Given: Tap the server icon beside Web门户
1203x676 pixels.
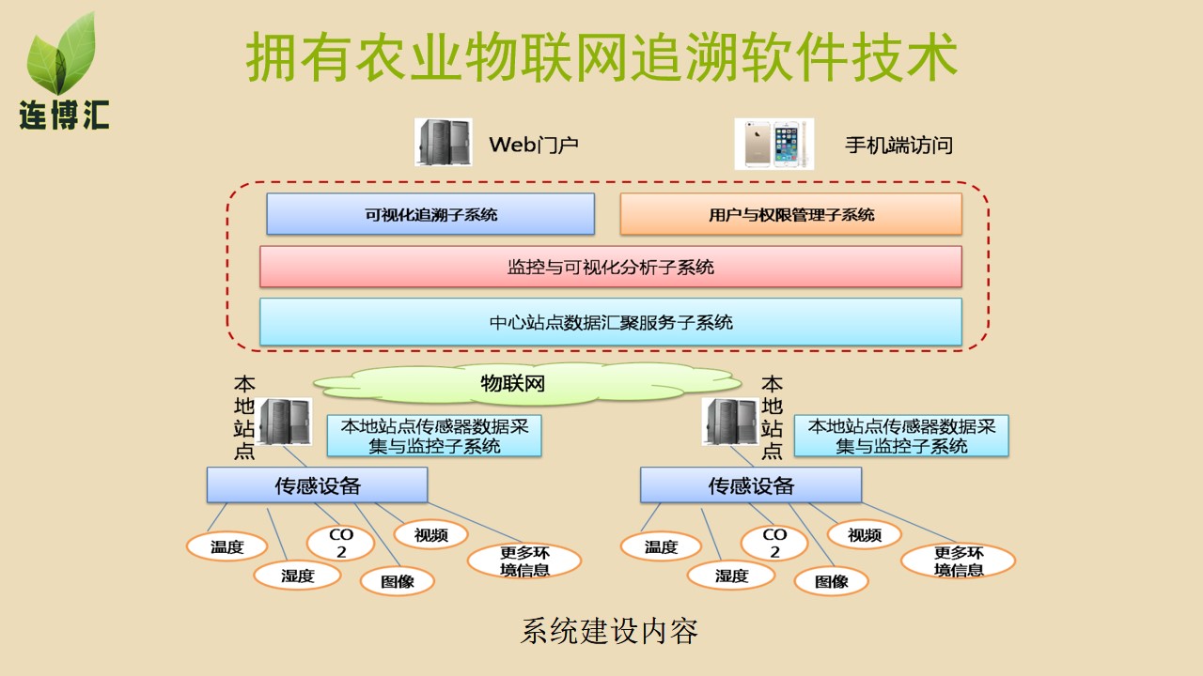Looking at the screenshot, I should (444, 143).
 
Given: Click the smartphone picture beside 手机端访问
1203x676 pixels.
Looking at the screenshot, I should (773, 144).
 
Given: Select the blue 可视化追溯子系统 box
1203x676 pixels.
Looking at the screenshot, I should (430, 214).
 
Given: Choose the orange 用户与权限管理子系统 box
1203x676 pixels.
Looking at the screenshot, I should (790, 214).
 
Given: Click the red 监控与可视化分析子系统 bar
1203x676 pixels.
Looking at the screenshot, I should (611, 267).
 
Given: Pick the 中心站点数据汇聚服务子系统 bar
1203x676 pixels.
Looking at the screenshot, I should (611, 322).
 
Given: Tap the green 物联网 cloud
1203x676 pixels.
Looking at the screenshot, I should (512, 383).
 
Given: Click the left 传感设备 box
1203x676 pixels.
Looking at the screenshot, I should (317, 485).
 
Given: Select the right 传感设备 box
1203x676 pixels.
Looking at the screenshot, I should (751, 485).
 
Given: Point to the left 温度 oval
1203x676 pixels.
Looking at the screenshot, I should (227, 546).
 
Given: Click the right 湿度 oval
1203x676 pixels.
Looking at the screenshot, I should (731, 576).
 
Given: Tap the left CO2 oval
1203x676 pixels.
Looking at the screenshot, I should (341, 543).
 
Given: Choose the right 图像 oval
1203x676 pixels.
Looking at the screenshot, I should (831, 580).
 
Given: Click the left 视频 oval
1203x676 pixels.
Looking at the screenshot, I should (430, 534).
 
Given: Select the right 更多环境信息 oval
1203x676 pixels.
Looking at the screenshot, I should (958, 561).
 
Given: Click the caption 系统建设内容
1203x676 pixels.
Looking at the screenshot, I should (609, 631).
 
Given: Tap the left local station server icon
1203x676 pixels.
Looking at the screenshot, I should (285, 422).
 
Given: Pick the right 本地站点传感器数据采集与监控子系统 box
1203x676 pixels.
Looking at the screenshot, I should (901, 437).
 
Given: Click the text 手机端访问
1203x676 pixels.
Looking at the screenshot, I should (898, 146).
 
